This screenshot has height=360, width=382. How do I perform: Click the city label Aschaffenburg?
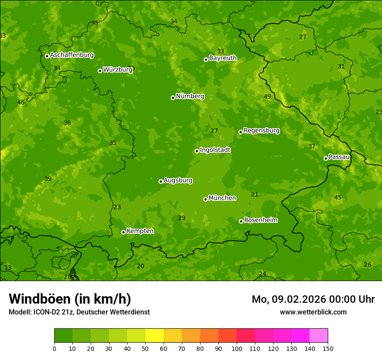pos(72,55)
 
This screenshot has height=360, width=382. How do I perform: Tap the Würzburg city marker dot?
pos(100,71)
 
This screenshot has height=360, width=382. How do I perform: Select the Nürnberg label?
pos(190,96)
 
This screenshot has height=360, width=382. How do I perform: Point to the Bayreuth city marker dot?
pos(206,59)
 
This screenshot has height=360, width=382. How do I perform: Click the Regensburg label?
pos(261,131)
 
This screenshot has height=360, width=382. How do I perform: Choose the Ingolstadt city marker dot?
pos(197,151)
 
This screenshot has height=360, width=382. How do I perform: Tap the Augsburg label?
pos(178,180)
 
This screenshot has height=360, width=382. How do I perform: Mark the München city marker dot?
pos(205,199)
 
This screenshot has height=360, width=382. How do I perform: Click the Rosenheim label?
pos(260,220)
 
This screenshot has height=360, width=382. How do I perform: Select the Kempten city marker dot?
pos(123,232)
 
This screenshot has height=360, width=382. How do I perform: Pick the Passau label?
pos(339,157)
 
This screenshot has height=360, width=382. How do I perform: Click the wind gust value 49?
pos(267,96)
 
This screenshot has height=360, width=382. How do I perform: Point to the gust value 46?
pos(21,103)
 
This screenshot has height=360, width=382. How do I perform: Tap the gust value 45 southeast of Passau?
pos(338,198)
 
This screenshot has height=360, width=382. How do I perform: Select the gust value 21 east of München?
pos(255,195)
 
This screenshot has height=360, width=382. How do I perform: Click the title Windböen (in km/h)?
pos(70,299)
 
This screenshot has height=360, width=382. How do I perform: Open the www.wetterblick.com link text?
pos(313,312)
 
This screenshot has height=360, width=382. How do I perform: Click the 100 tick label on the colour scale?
pos(237,348)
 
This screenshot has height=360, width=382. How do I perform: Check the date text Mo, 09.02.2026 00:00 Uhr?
pos(313,299)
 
